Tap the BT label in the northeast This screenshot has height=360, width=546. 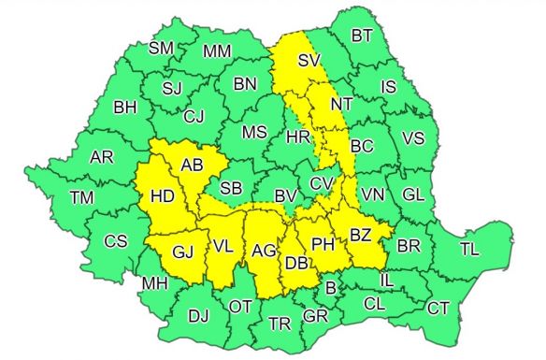click(x=362, y=36)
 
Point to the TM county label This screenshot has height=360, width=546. click(x=81, y=197)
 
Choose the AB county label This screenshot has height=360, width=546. click(x=193, y=166)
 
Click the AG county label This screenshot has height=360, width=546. click(x=264, y=251)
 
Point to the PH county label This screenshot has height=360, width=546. click(x=323, y=244)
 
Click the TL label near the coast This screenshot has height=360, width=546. click(x=470, y=249)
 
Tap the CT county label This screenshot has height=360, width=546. click(x=438, y=308)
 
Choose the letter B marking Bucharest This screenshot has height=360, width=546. click(x=328, y=288)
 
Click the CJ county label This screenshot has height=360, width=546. click(x=194, y=117)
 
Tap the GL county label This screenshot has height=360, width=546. click(x=413, y=194)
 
